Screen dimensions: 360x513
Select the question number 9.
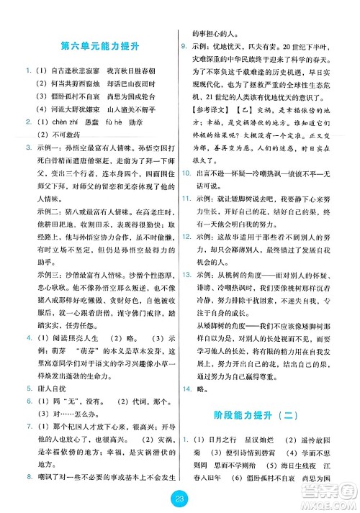(x=184, y=46)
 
